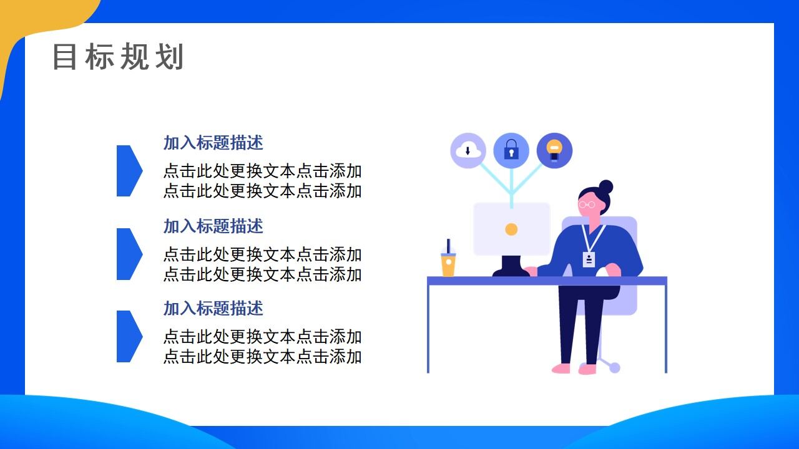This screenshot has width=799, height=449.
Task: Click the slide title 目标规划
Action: pyautogui.click(x=118, y=57)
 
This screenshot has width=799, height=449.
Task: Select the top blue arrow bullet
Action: pyautogui.click(x=128, y=171)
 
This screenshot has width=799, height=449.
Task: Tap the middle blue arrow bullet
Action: pyautogui.click(x=128, y=254)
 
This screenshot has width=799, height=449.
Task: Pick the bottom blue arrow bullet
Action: pyautogui.click(x=128, y=336)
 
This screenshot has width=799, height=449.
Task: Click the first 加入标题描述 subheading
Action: pyautogui.click(x=213, y=143)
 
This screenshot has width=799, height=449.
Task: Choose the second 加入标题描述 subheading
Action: pyautogui.click(x=213, y=226)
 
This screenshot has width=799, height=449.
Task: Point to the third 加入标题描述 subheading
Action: pyautogui.click(x=213, y=308)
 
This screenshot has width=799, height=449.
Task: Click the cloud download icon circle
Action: pyautogui.click(x=468, y=150)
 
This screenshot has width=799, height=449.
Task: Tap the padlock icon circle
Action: pyautogui.click(x=511, y=150)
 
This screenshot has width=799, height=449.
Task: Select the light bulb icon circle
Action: pyautogui.click(x=554, y=150)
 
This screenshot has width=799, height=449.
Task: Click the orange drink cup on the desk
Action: pyautogui.click(x=448, y=263)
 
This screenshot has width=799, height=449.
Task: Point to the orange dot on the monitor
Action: pyautogui.click(x=511, y=229)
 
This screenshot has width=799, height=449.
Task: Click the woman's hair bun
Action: pyautogui.click(x=605, y=186)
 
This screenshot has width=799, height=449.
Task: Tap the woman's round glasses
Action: pyautogui.click(x=586, y=205)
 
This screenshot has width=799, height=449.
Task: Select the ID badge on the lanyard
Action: pyautogui.click(x=589, y=259)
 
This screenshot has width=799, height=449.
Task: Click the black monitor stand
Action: pyautogui.click(x=511, y=267)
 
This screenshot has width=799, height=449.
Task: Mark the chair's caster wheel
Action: pyautogui.click(x=614, y=367)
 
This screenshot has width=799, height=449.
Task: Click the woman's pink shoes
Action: pyautogui.click(x=574, y=369)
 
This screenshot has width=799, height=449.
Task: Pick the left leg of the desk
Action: pyautogui.click(x=428, y=327)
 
